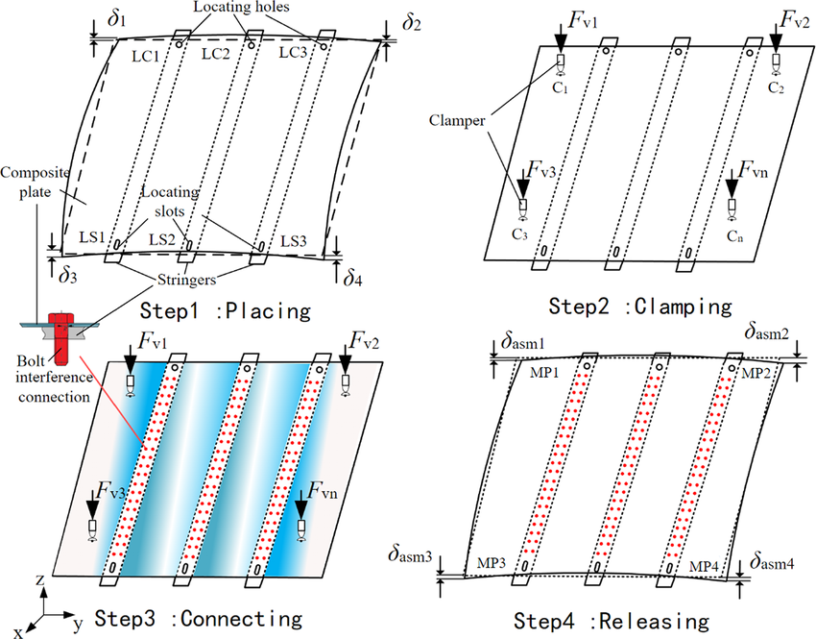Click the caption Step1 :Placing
click(225, 310)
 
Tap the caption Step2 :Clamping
click(640, 307)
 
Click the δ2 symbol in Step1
click(414, 21)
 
